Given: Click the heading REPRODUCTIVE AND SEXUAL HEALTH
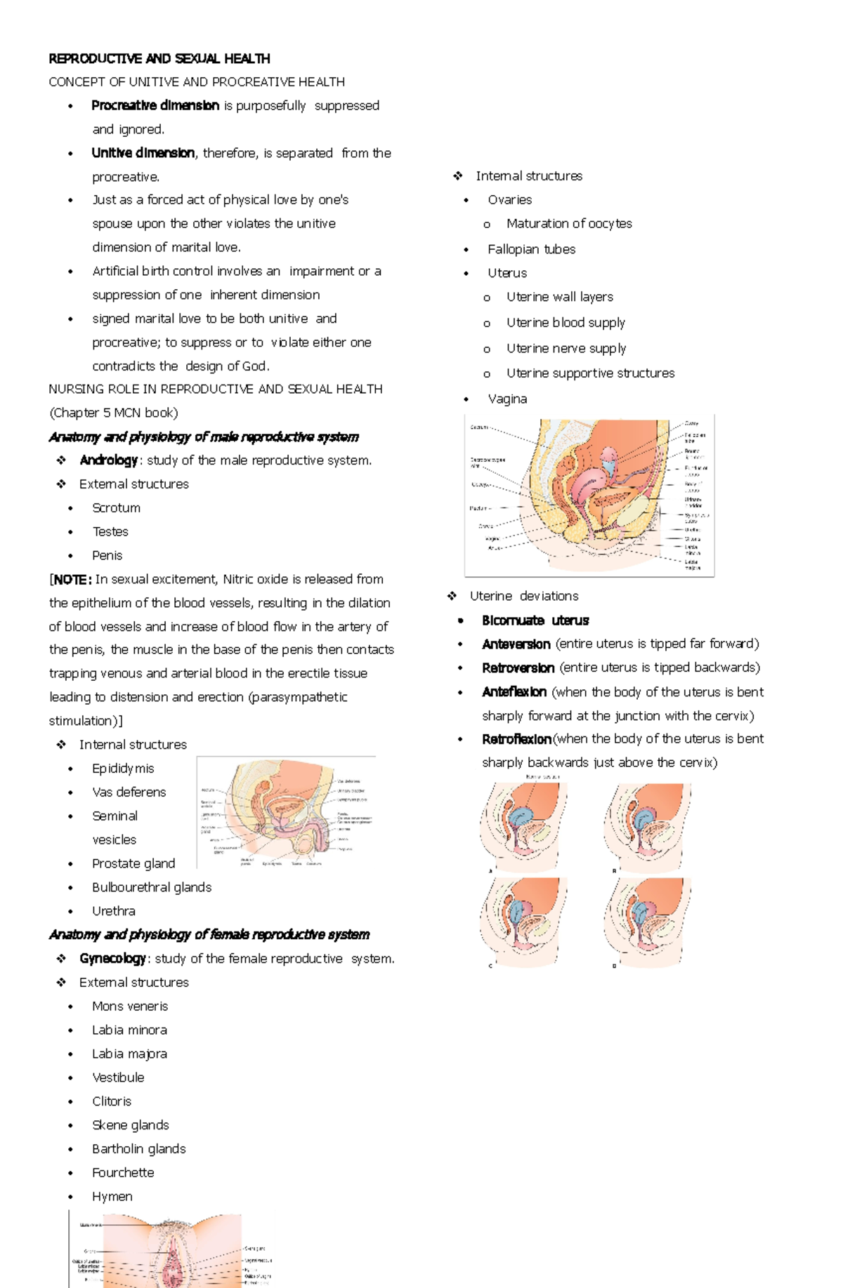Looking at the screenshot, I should pos(159,58).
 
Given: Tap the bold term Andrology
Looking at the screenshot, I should pos(108,460).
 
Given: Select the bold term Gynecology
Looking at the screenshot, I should pos(112,959).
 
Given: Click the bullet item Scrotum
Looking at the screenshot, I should pos(116,508).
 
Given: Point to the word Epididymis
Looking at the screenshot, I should pos(123,769).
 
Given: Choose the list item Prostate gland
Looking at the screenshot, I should pos(133,863).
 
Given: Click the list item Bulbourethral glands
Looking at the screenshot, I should pos(152,887).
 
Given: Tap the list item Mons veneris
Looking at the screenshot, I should pos(130,1007).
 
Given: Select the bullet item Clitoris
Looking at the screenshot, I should pos(112,1101).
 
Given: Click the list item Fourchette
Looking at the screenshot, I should pos(123,1173).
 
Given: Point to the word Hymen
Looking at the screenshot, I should pos(112,1197).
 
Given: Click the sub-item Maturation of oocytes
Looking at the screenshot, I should pos(569,224).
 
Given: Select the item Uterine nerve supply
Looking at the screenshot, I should pos(566,349).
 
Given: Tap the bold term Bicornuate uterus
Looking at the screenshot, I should pos(535,620).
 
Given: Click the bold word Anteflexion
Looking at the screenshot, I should pos(514,692).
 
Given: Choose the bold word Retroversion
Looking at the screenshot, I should pos(518,668).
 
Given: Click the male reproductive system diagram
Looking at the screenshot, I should pos(286,812).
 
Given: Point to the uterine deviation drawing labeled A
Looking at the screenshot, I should pos(524,826).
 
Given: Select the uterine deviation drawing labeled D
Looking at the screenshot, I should pos(647,922).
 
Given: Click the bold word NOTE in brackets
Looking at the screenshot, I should pos(71,580).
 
